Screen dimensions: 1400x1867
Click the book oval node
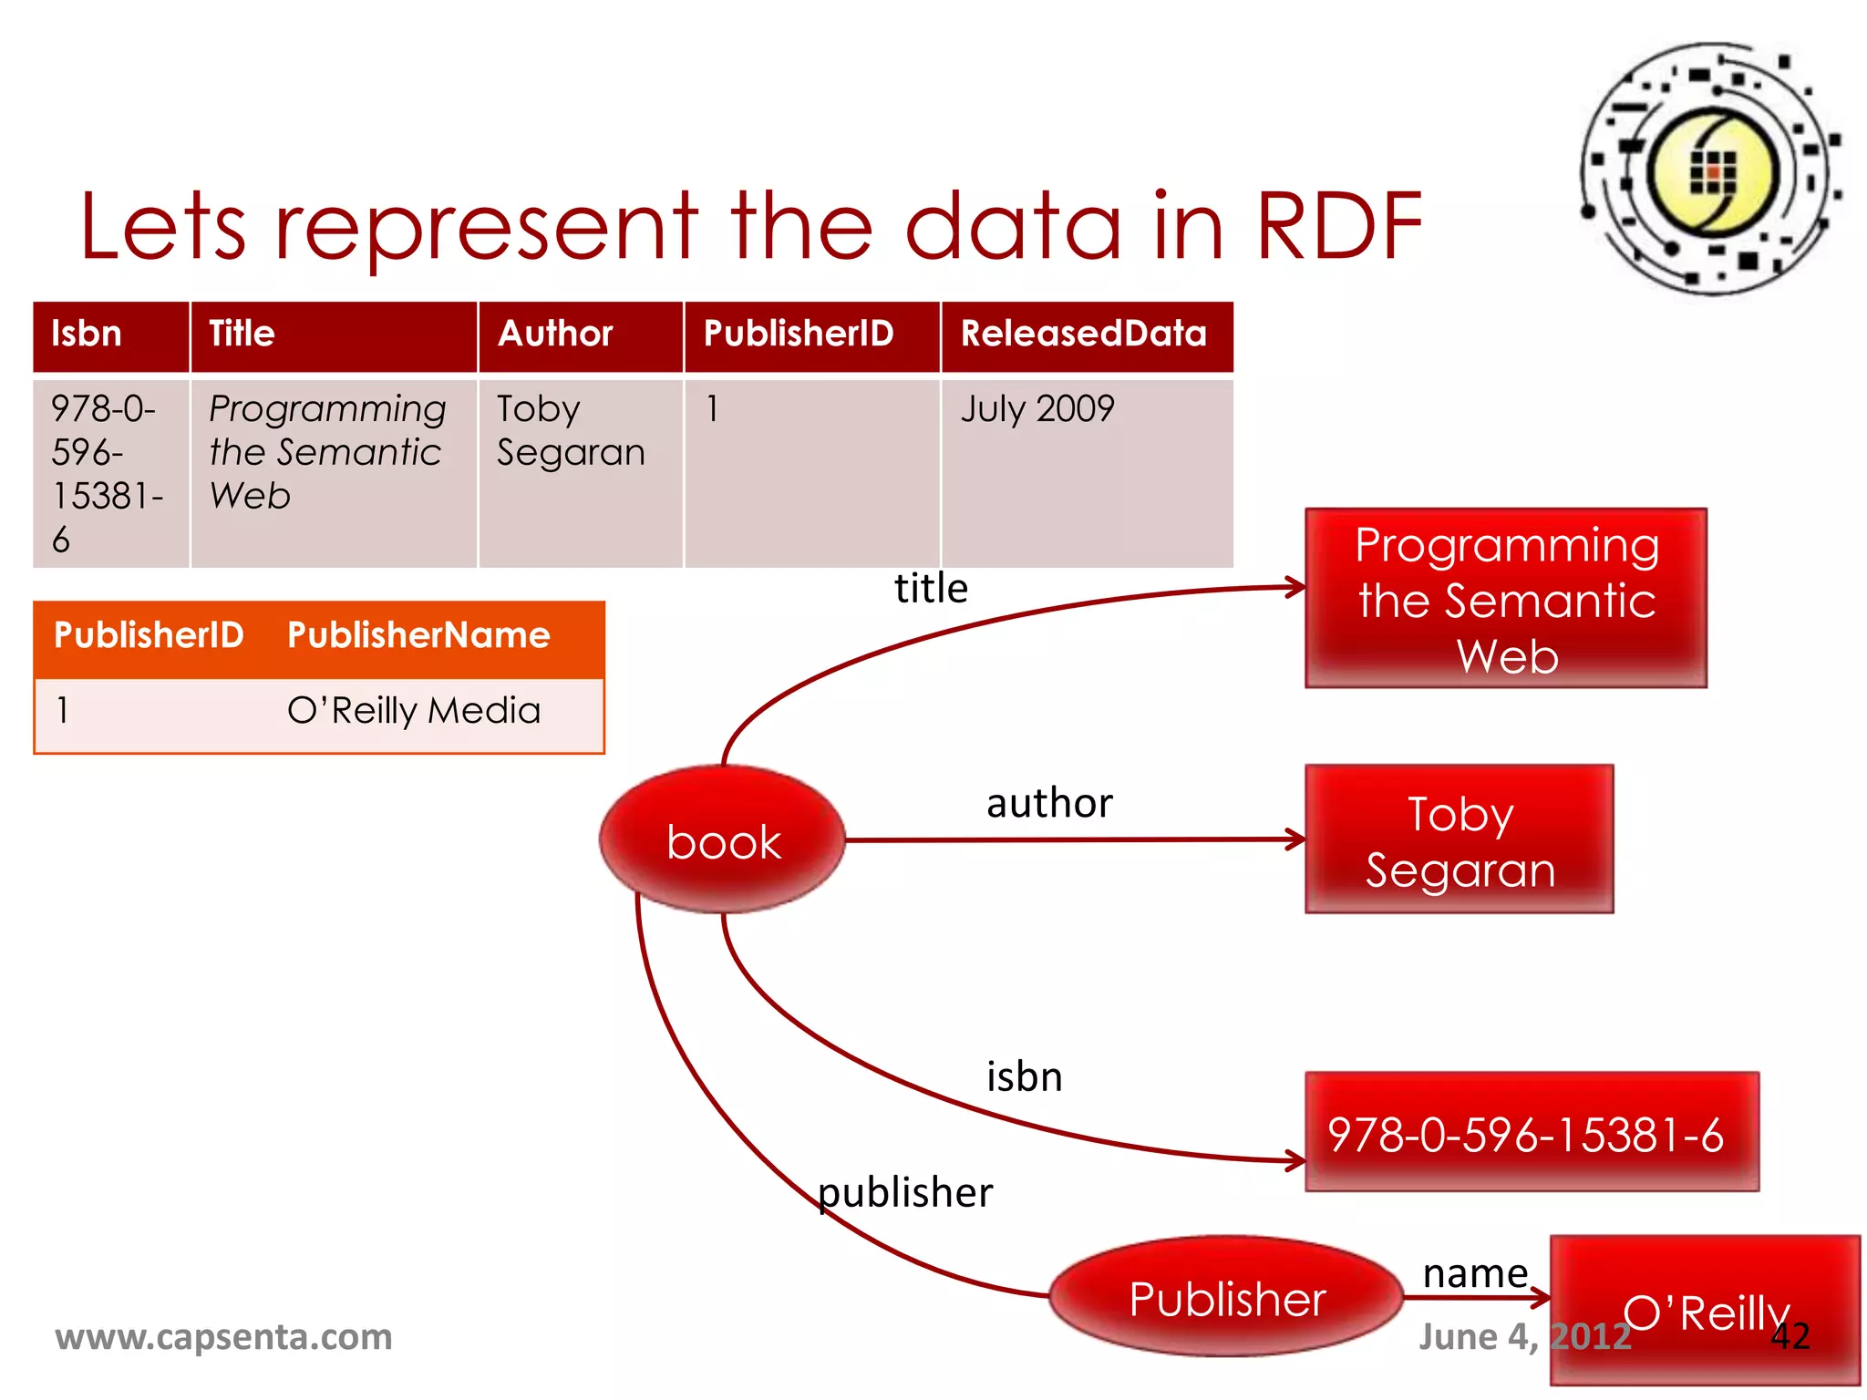(723, 839)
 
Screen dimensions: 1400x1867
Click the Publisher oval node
(1226, 1297)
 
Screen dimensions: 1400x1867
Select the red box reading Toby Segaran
(1459, 839)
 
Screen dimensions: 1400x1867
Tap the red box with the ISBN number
(1531, 1133)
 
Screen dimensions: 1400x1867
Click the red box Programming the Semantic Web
(1505, 598)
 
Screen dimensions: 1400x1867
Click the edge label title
(931, 588)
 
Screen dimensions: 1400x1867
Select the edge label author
(1049, 803)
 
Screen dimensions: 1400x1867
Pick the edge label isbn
(1025, 1076)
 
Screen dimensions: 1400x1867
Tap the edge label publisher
(905, 1192)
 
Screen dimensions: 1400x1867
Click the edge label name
(1474, 1272)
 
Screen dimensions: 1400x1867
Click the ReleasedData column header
(1083, 334)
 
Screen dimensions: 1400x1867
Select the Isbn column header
(87, 334)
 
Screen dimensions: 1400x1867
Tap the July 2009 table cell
(1037, 408)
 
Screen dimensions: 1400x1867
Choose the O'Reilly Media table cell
(414, 710)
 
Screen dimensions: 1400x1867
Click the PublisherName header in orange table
(418, 634)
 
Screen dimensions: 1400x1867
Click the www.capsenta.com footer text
(223, 1336)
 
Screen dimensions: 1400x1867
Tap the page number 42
(1790, 1336)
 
